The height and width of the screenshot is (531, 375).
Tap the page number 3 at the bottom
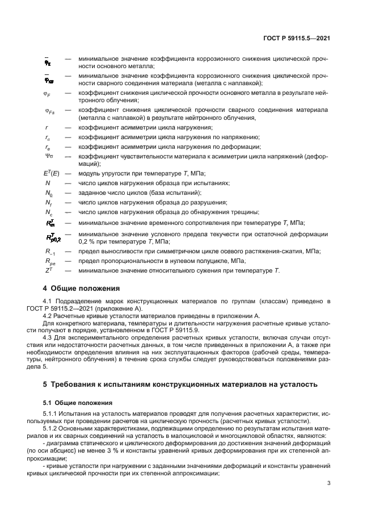[x=329, y=484]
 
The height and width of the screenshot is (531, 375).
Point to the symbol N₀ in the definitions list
[x=49, y=194]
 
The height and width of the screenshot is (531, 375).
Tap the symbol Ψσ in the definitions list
[x=49, y=156]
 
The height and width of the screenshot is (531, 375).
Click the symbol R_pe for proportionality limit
[x=50, y=261]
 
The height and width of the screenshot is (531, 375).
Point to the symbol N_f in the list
[x=49, y=203]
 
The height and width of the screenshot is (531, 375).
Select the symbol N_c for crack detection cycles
[x=49, y=212]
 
